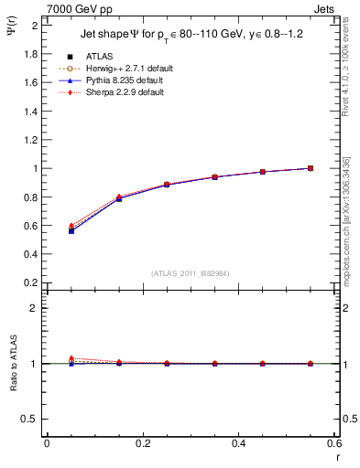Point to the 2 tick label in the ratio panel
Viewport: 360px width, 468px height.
click(x=35, y=308)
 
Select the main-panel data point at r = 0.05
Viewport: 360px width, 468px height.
click(x=71, y=230)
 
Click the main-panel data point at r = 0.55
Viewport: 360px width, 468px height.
click(x=311, y=168)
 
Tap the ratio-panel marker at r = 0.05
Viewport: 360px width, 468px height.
click(x=71, y=359)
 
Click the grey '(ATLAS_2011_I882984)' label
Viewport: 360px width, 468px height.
click(x=190, y=272)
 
